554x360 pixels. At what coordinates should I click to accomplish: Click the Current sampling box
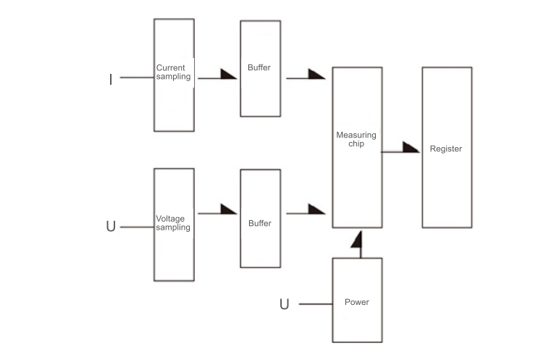click(x=174, y=75)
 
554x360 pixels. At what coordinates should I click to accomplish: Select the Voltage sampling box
click(x=174, y=225)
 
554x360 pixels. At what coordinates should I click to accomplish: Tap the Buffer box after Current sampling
click(x=260, y=68)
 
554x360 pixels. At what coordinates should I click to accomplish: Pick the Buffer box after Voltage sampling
click(x=260, y=219)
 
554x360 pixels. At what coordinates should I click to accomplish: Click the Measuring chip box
click(x=357, y=148)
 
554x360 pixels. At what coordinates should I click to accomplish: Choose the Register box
click(x=446, y=148)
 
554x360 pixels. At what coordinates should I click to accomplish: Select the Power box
click(x=357, y=300)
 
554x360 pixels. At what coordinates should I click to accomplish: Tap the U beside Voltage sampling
click(x=111, y=227)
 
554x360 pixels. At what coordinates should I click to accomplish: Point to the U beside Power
click(x=284, y=304)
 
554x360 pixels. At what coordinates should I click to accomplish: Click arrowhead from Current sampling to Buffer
click(x=228, y=73)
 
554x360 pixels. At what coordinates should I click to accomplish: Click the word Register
click(x=446, y=149)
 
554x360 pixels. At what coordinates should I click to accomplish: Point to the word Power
click(x=357, y=302)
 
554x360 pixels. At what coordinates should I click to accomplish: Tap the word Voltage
click(x=171, y=218)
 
